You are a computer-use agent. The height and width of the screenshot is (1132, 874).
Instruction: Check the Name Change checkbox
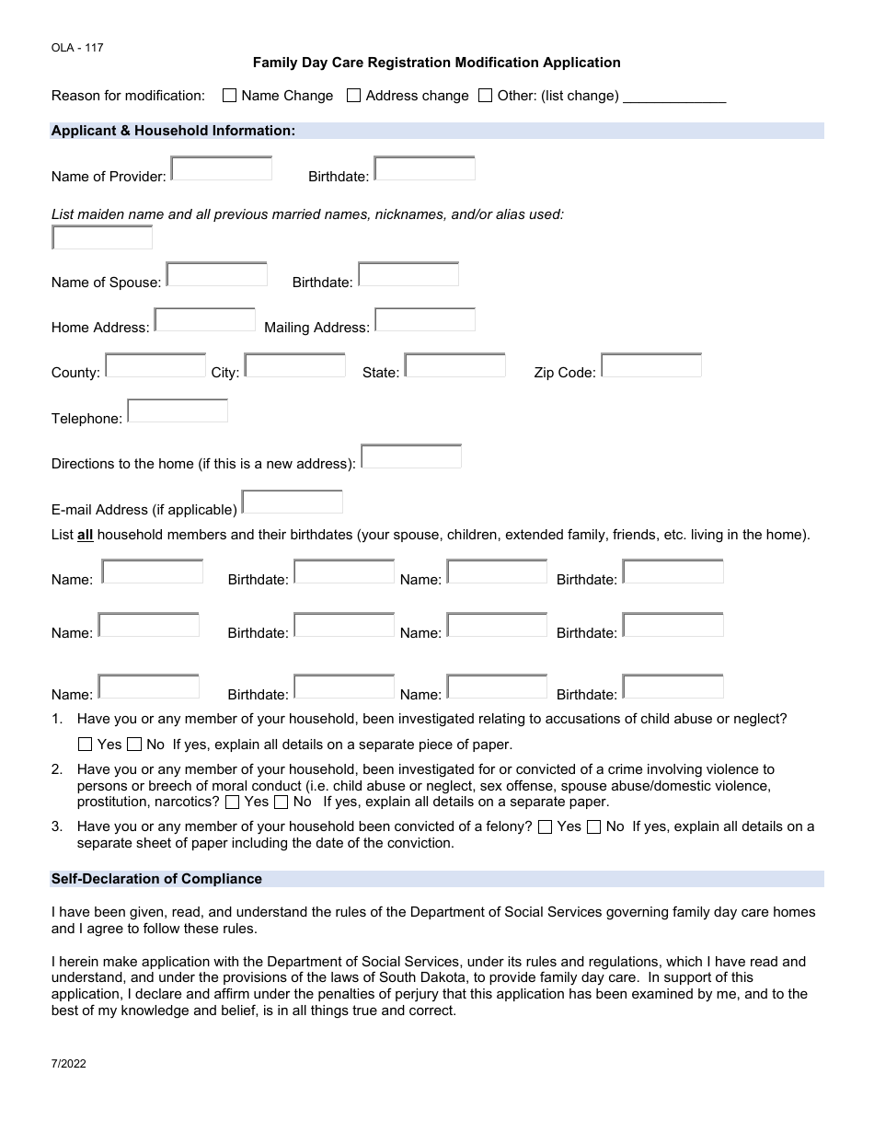[230, 96]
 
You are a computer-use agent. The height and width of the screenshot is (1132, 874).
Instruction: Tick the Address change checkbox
[353, 96]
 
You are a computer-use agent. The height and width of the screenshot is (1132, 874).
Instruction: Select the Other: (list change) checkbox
[485, 96]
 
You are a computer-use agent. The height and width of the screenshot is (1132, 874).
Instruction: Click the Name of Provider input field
[222, 168]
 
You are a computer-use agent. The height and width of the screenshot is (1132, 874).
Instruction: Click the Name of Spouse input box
[217, 274]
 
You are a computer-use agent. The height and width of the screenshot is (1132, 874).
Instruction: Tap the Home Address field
[205, 319]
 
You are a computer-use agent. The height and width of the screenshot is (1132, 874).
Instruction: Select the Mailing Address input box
[425, 319]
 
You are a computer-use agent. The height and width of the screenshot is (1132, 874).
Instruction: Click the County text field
[155, 365]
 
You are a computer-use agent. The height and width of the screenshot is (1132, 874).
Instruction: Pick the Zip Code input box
[651, 365]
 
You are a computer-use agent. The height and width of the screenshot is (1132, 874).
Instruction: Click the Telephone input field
[178, 410]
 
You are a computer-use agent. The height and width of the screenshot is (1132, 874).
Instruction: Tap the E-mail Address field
[293, 502]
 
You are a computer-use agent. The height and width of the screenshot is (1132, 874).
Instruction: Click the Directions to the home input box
[411, 456]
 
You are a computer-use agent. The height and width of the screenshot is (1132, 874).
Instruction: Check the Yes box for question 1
[86, 745]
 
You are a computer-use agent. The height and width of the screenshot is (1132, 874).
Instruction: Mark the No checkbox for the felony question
[594, 827]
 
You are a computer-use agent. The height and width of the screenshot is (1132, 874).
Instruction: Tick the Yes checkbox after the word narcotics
[232, 803]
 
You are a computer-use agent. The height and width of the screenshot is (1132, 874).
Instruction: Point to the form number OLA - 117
[77, 48]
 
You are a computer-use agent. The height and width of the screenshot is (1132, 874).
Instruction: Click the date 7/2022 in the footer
[69, 1062]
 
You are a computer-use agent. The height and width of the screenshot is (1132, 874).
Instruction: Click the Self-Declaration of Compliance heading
[156, 879]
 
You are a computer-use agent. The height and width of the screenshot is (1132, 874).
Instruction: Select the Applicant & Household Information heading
[173, 131]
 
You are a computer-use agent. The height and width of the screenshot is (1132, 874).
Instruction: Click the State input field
[455, 365]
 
